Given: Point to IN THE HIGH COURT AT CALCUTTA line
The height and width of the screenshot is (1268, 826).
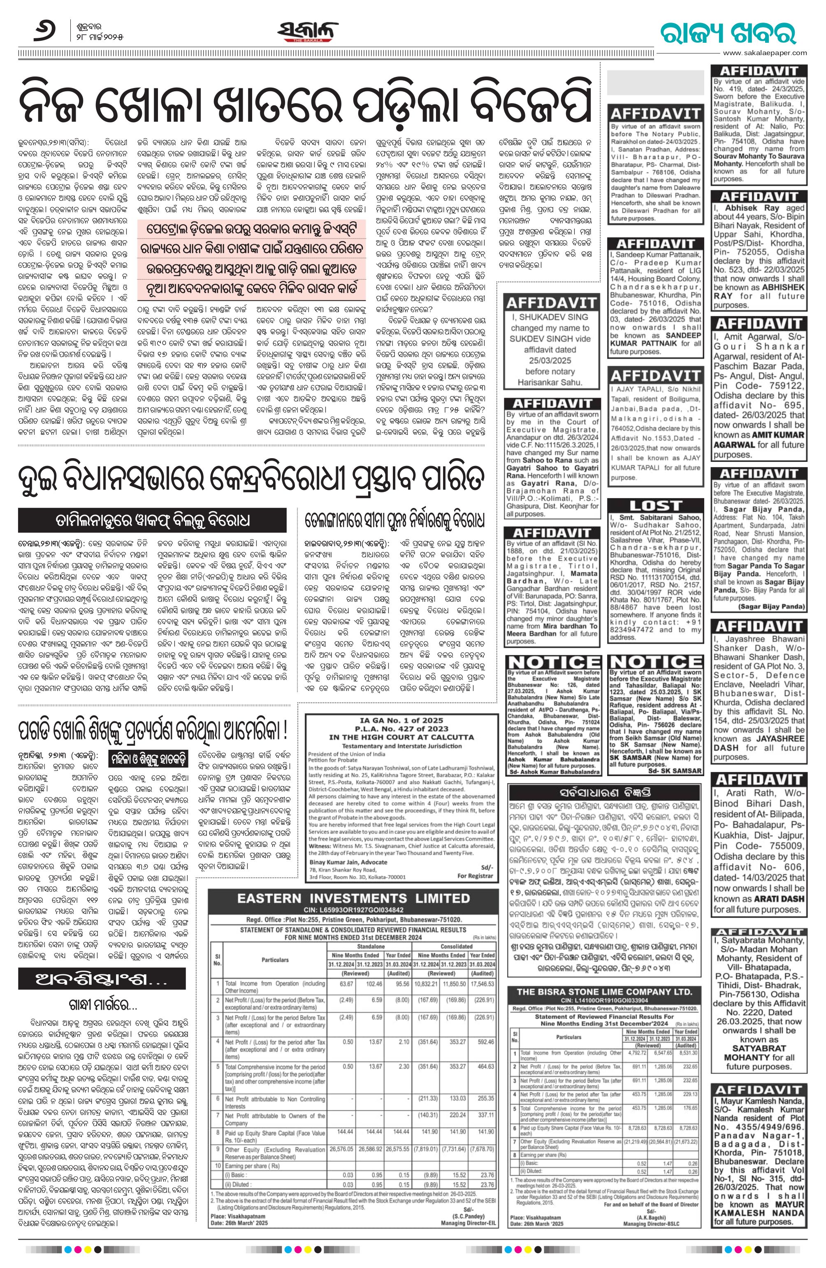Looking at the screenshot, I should point(401,737).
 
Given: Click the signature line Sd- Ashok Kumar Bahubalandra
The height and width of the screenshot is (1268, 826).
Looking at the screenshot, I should point(554,771).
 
